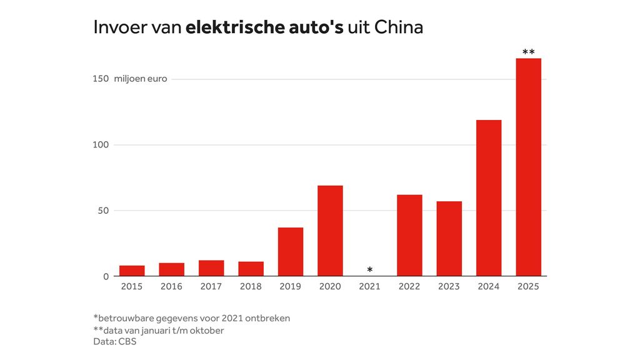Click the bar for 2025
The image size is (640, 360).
tap(528, 167)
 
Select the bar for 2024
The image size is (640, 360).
tap(489, 197)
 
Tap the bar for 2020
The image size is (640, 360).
tap(330, 231)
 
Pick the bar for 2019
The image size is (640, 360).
tap(291, 251)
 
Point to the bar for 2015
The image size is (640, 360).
tap(132, 271)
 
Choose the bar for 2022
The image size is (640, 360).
tap(409, 235)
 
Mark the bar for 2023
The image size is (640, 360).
tap(449, 238)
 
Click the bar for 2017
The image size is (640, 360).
tap(211, 268)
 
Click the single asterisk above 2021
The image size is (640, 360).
tap(370, 270)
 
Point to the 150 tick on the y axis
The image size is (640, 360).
tap(101, 79)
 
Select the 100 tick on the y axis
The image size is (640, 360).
tap(101, 144)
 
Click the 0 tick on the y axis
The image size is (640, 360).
tap(106, 276)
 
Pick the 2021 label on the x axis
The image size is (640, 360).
tap(370, 286)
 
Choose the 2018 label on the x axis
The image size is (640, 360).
tap(251, 286)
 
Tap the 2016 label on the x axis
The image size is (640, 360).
tap(171, 286)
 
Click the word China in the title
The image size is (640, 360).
tap(399, 27)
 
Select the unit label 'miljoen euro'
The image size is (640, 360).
tap(141, 79)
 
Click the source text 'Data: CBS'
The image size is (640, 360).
tap(115, 342)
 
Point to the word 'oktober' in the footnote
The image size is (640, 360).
tap(207, 330)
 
